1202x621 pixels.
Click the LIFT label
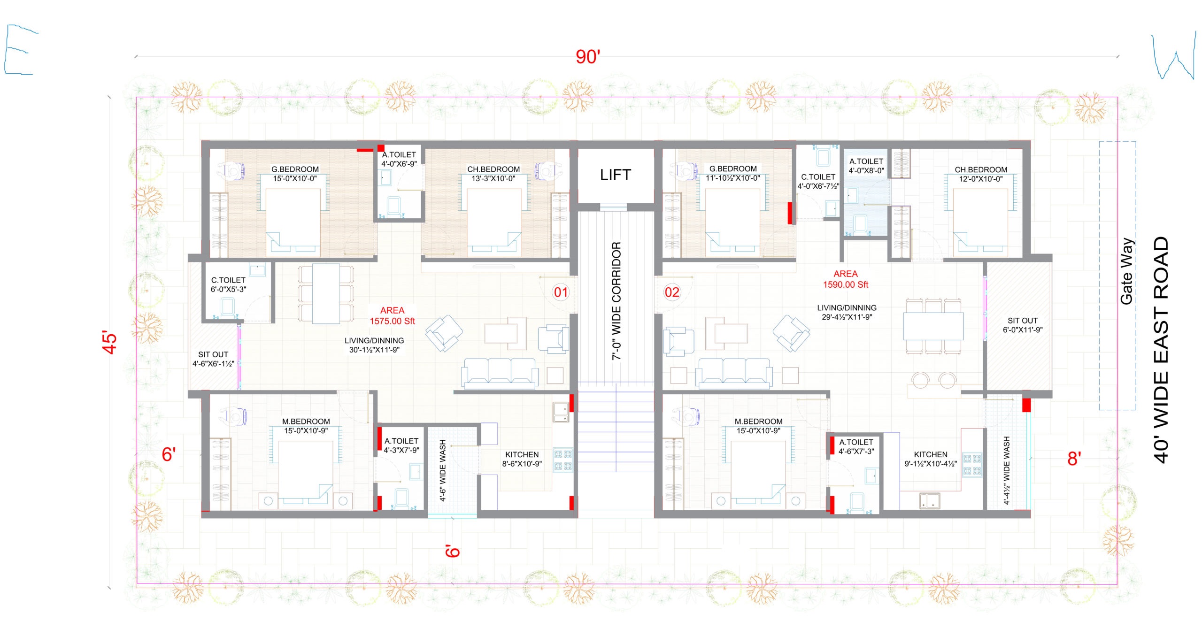click(615, 175)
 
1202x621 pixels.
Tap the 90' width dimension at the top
click(588, 57)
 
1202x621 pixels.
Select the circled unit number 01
click(561, 292)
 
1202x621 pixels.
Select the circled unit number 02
click(672, 292)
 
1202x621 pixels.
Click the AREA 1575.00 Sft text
click(392, 316)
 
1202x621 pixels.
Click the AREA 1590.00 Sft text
click(846, 279)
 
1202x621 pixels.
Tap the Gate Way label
click(1127, 272)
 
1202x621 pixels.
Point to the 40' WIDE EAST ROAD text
click(1161, 350)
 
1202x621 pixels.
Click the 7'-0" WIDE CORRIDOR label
click(616, 301)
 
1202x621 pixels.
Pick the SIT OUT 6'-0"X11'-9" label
click(1023, 325)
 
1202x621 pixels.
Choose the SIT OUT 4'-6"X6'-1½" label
click(213, 359)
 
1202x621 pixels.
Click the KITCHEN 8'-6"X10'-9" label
click(522, 459)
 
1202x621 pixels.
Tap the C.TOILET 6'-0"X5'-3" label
click(228, 284)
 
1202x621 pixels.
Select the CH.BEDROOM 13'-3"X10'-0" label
click(493, 174)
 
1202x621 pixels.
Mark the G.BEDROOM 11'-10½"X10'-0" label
click(733, 173)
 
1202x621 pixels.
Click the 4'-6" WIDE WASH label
click(443, 471)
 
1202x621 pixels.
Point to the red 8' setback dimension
click(1074, 459)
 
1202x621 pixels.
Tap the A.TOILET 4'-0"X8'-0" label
click(866, 166)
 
